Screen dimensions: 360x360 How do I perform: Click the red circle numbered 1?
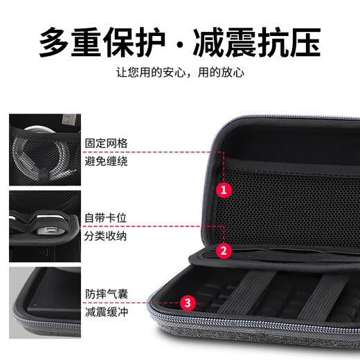223,188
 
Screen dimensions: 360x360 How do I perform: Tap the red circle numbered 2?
223,251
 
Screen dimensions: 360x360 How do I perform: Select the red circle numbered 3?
187,303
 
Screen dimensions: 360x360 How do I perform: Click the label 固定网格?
106,143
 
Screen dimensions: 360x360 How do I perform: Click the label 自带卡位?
106,218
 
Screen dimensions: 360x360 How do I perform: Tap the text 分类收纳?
106,236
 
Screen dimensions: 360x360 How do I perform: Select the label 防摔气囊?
106,293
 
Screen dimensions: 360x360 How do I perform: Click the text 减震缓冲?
106,311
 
